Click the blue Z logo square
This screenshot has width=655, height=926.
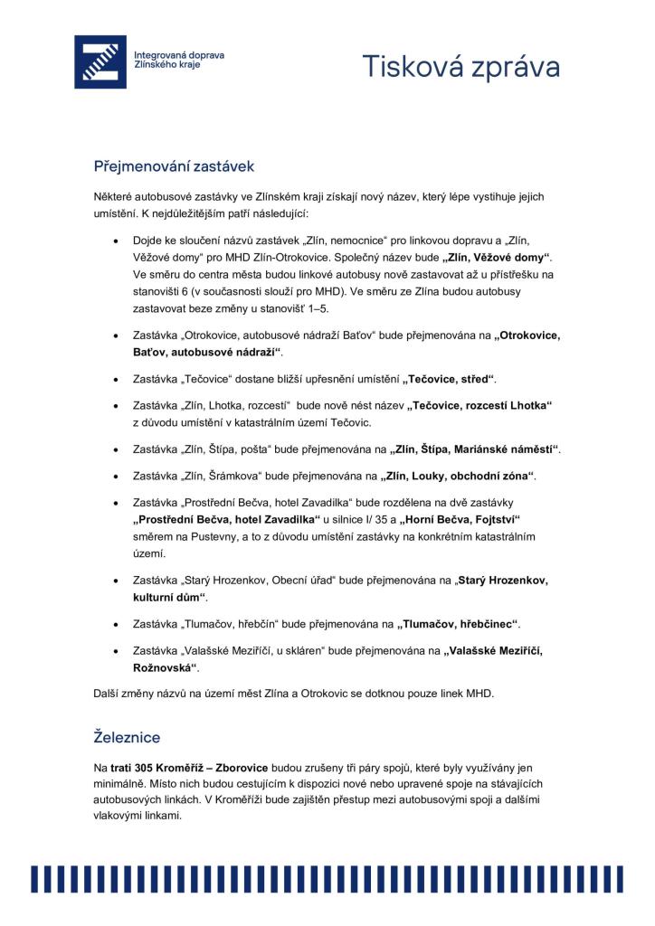(100, 61)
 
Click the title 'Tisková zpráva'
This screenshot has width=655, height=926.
(461, 67)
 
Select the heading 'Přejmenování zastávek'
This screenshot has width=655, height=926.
(175, 166)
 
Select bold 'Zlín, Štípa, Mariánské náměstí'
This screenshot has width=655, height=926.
(475, 449)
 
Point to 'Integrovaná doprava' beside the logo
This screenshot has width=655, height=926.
(179, 55)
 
